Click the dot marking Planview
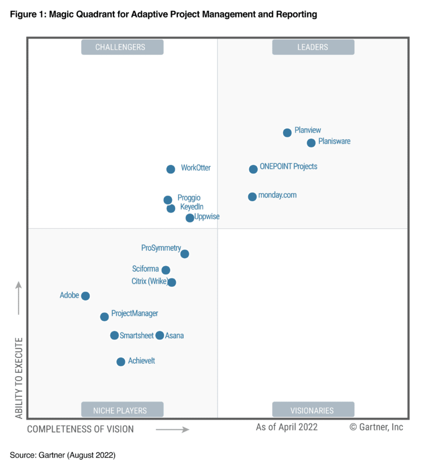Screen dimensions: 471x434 pos(287,133)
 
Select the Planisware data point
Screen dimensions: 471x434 pos(311,143)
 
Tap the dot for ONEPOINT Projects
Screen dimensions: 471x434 pos(253,169)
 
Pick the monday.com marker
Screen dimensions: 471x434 pos(252,197)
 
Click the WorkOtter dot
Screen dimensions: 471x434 pos(171,169)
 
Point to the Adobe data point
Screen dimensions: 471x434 pos(85,296)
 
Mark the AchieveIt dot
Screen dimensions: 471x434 pos(120,362)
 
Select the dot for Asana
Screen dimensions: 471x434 pos(160,335)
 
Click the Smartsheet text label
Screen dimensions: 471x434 pos(136,335)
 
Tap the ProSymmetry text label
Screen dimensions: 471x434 pos(161,248)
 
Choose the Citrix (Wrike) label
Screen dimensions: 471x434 pos(149,281)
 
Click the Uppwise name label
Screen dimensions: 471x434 pos(207,217)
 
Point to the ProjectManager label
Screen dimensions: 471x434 pos(134,313)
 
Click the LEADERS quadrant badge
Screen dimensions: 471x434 pos(313,47)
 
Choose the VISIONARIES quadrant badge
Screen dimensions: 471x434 pos(313,410)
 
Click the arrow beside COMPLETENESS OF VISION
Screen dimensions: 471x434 pos(172,430)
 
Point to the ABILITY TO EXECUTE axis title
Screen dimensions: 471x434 pos(19,378)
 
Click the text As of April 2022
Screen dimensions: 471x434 pos(287,427)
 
